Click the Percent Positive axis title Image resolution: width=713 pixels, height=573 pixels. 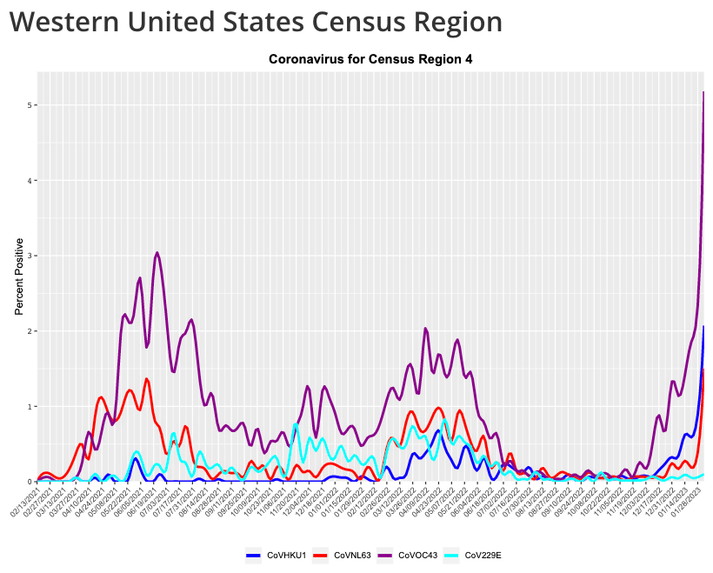(x=19, y=276)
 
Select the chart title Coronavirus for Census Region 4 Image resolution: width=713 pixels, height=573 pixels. (x=370, y=60)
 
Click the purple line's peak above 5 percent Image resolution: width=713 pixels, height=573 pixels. (x=703, y=92)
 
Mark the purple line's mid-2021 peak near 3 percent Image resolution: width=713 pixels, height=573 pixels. (x=157, y=253)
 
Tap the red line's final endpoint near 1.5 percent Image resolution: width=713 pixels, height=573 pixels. (x=703, y=370)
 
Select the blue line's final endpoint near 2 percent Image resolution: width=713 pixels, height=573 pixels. (x=703, y=326)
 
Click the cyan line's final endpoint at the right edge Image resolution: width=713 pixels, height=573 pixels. (x=703, y=475)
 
